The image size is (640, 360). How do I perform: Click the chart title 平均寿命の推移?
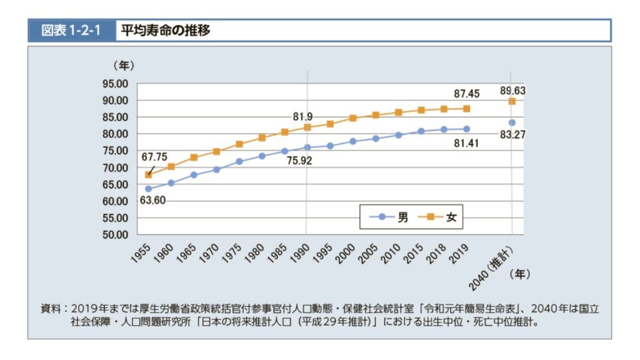(x=165, y=30)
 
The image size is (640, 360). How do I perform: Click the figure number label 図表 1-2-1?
(x=71, y=30)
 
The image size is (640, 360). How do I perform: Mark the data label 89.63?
(x=512, y=90)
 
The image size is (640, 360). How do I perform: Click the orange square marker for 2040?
(x=512, y=101)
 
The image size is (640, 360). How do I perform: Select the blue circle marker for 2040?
(x=512, y=122)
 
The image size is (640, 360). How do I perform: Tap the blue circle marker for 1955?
(x=148, y=189)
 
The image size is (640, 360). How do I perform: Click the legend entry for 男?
(x=391, y=217)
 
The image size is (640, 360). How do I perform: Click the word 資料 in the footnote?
(x=51, y=309)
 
